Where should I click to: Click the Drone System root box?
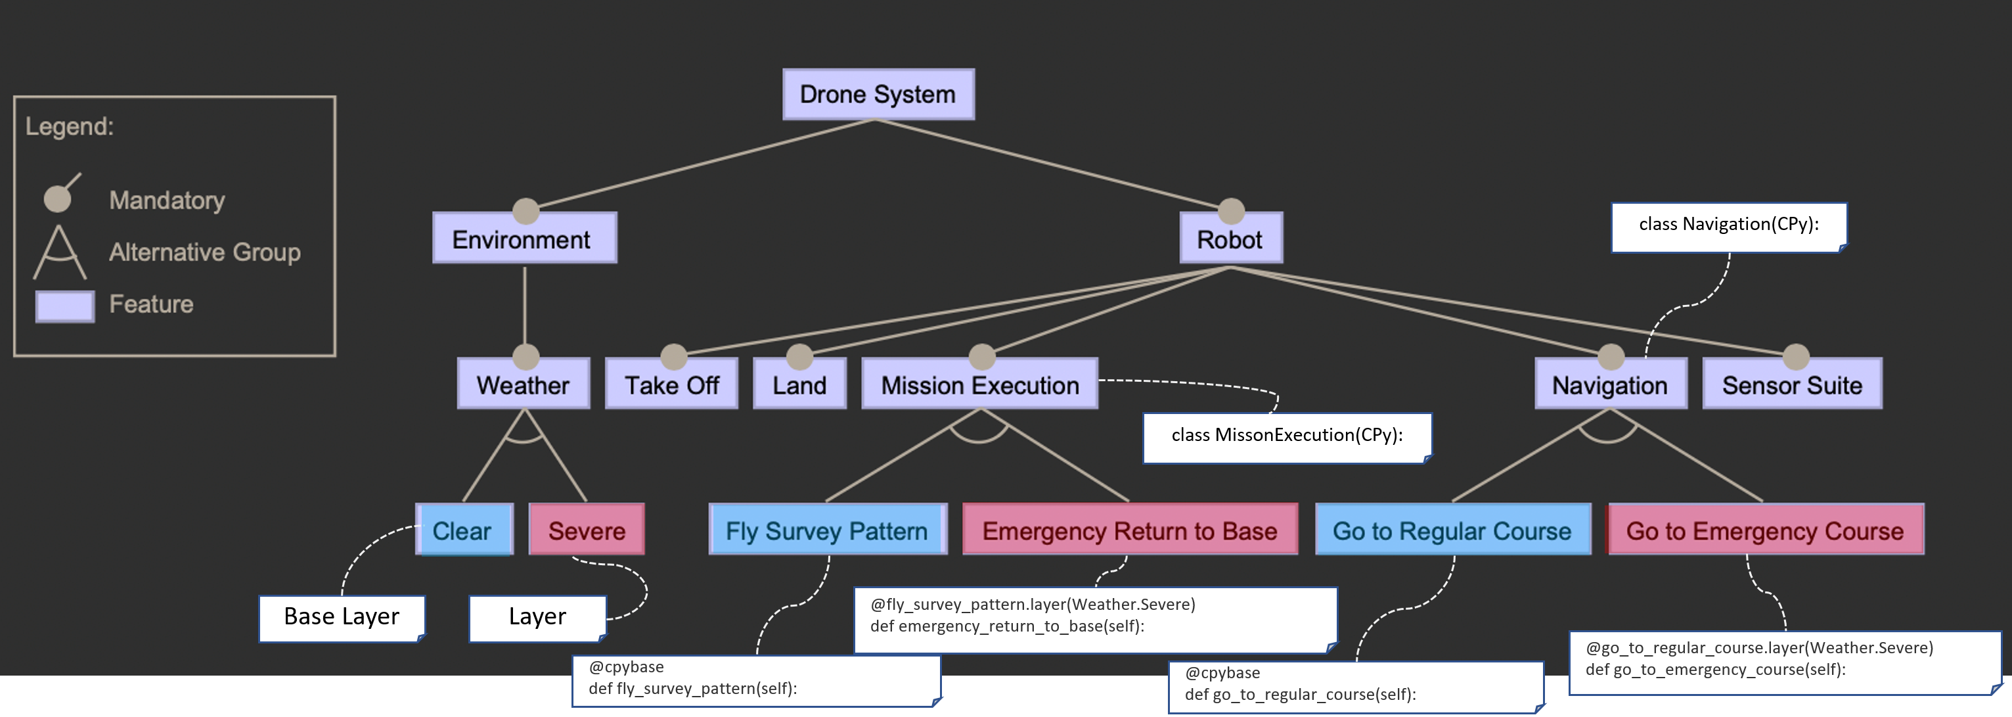878,95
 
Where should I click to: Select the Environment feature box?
524,239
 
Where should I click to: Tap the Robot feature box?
1230,239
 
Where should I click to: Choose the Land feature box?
799,384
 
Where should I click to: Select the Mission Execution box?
979,384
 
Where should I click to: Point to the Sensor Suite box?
1792,384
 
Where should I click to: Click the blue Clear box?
464,530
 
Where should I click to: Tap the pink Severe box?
587,530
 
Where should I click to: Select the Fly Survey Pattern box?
827,530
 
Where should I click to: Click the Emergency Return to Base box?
1129,530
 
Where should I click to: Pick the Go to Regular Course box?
1452,530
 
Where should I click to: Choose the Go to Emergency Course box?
1764,530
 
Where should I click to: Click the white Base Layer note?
342,617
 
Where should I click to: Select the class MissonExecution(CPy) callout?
1286,436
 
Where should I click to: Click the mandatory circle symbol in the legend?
57,198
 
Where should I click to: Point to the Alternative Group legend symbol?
59,252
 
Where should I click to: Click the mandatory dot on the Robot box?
1231,210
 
